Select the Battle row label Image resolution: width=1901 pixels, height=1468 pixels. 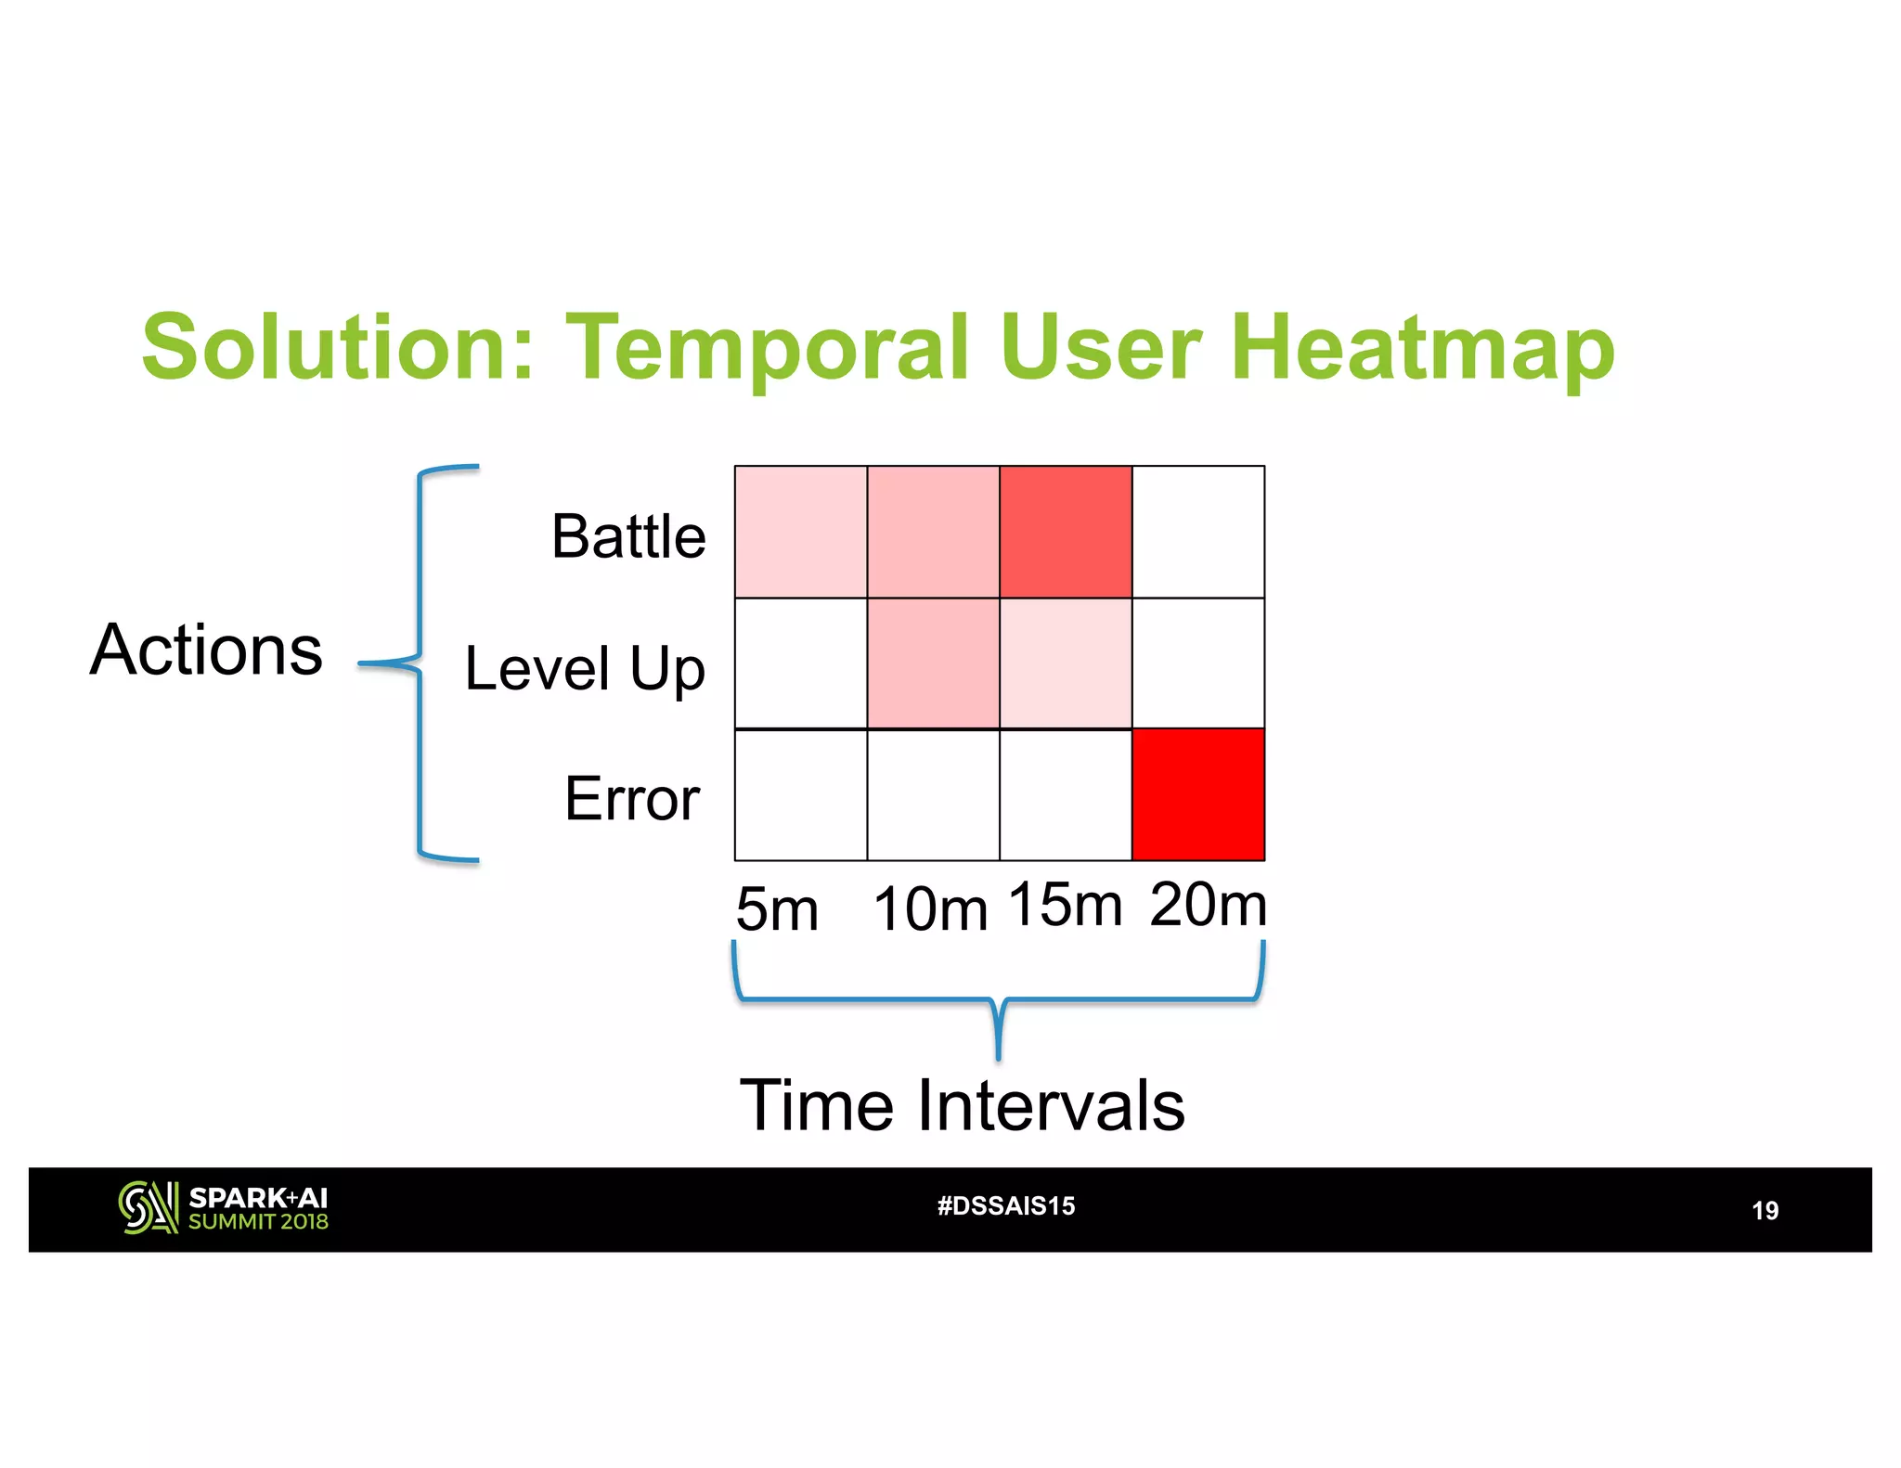(x=628, y=536)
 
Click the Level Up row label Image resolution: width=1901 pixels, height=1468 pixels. (x=585, y=668)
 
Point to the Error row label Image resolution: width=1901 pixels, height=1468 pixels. (x=632, y=798)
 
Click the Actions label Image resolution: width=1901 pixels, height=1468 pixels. (x=207, y=650)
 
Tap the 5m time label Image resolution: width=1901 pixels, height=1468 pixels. (x=777, y=908)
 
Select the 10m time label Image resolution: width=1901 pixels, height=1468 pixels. (x=930, y=908)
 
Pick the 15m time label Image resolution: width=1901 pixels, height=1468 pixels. (x=1065, y=904)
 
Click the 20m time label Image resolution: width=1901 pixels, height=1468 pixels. (x=1208, y=904)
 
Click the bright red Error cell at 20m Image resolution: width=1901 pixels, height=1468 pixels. (x=1198, y=795)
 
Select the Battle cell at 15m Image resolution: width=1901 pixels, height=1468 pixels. (x=1066, y=532)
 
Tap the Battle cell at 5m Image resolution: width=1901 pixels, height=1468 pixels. (x=801, y=532)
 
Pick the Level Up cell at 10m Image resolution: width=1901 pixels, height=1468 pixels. (x=933, y=663)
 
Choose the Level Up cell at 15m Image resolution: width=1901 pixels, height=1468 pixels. (x=1066, y=663)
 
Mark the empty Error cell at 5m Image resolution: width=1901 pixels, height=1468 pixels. (x=801, y=795)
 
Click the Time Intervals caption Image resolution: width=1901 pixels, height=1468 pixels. (x=962, y=1105)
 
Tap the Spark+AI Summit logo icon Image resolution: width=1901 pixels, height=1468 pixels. (x=148, y=1207)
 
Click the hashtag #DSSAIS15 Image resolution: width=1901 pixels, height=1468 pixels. (x=1006, y=1205)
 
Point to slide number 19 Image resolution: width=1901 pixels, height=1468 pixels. (x=1765, y=1210)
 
